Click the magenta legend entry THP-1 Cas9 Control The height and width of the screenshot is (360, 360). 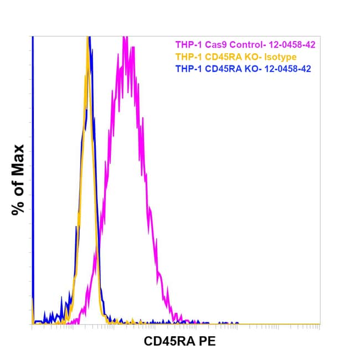coord(245,44)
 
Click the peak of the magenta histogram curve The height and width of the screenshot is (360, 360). coord(125,38)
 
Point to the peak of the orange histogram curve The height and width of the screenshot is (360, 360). coord(88,38)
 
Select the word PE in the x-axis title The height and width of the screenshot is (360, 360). coord(207,342)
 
